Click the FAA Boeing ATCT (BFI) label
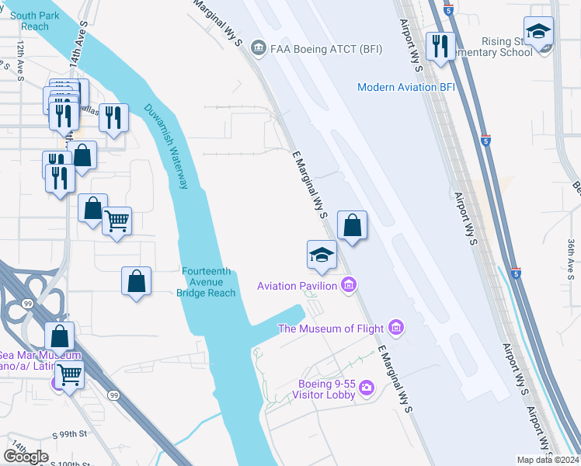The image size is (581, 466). pyautogui.click(x=315, y=49)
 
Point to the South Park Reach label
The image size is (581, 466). pyautogui.click(x=30, y=21)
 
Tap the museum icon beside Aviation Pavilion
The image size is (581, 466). pyautogui.click(x=349, y=286)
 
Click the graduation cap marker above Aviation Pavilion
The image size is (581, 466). pyautogui.click(x=321, y=255)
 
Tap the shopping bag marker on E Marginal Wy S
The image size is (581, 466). pyautogui.click(x=352, y=226)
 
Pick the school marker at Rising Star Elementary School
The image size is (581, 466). pyautogui.click(x=538, y=33)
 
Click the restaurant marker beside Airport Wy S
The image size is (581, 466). pyautogui.click(x=440, y=46)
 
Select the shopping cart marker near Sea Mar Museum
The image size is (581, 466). pyautogui.click(x=69, y=375)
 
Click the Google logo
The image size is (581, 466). pyautogui.click(x=26, y=456)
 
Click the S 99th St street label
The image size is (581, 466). pyautogui.click(x=71, y=431)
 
